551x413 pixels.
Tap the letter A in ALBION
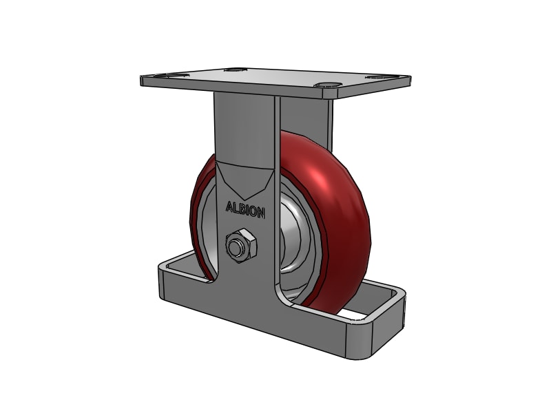[231, 206]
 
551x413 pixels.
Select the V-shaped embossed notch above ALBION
[245, 180]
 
